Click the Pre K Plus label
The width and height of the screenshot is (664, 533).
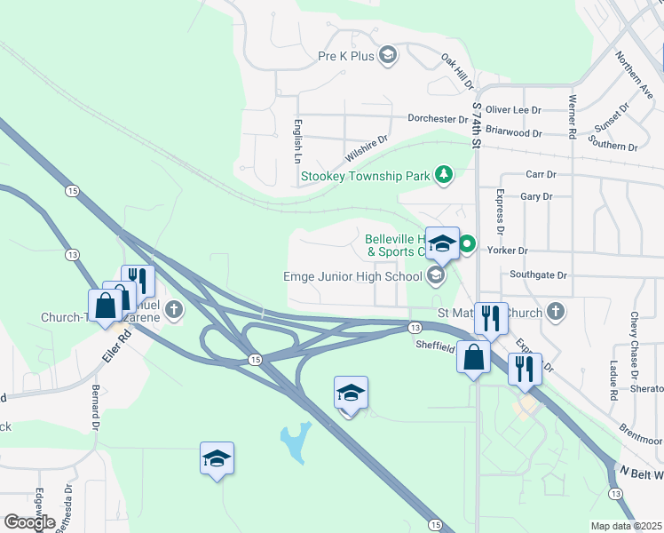click(344, 56)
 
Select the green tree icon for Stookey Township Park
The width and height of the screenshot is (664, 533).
click(444, 175)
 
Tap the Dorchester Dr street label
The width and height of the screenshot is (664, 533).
click(437, 118)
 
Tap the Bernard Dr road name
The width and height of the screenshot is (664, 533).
click(95, 407)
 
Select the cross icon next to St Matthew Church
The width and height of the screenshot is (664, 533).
click(555, 311)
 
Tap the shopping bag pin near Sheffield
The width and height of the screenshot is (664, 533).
click(474, 358)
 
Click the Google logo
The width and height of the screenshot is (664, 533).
click(29, 522)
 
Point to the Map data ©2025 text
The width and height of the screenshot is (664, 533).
click(627, 526)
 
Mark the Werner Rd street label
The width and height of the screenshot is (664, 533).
click(573, 116)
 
